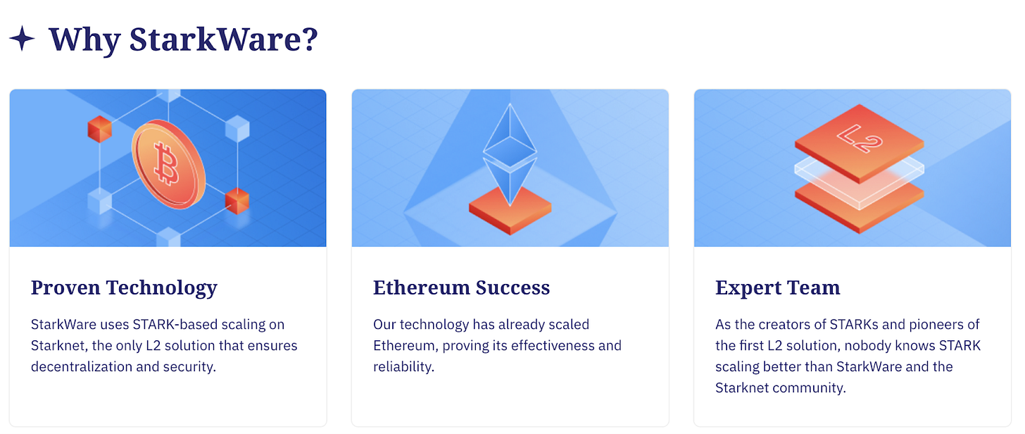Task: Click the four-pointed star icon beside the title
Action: [x=22, y=39]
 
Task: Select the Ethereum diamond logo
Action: [x=510, y=155]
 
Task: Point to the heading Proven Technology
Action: [x=124, y=287]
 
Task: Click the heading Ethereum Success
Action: [x=461, y=287]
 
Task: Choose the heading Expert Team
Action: [x=777, y=287]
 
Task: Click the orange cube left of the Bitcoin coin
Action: [x=100, y=129]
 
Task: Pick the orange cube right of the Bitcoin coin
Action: [x=237, y=201]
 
